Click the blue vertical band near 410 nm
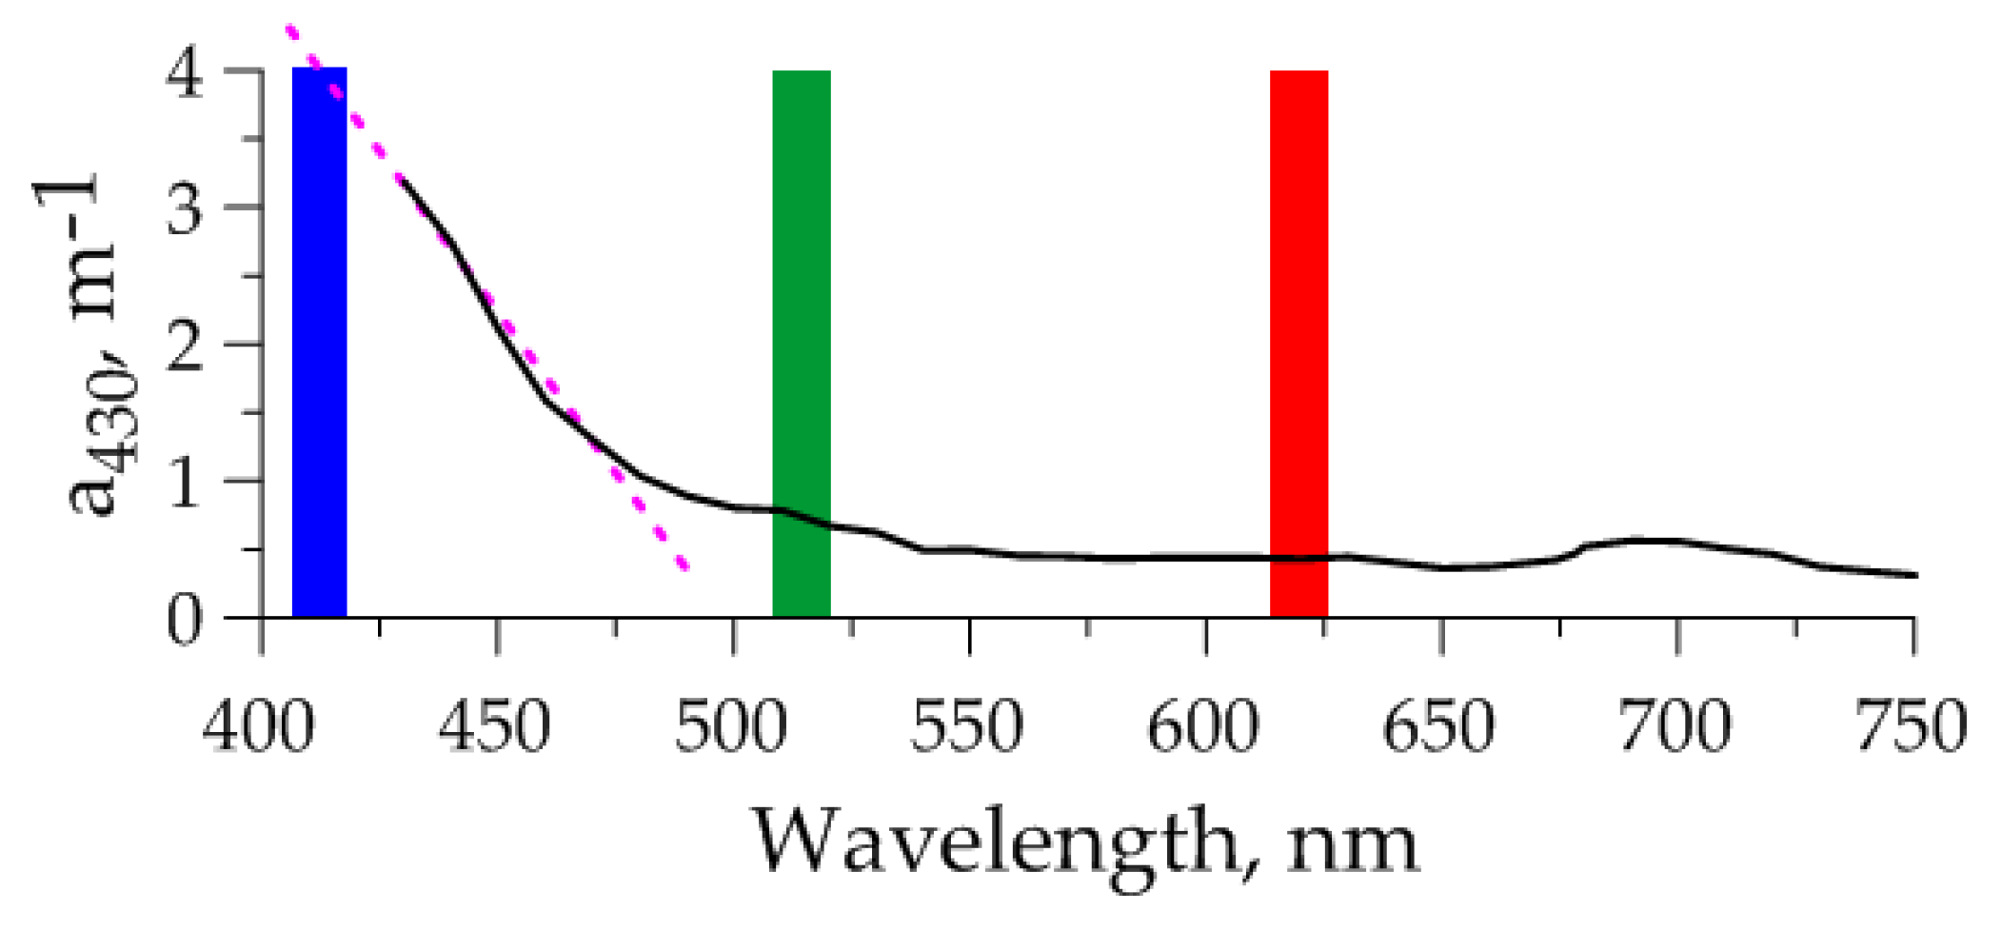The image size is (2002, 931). pos(319,343)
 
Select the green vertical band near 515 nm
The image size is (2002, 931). pos(801,343)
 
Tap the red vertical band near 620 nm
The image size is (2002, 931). pos(1298,343)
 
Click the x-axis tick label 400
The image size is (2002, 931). pos(258,727)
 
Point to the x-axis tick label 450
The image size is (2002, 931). pos(494,727)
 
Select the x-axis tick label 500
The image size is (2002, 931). pos(731,727)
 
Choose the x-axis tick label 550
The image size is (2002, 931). pos(967,727)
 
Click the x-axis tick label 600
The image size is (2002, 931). pos(1203,727)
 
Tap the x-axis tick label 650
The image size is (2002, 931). pos(1439,727)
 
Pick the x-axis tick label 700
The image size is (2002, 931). pos(1675,727)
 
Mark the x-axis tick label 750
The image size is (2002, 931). pos(1912,727)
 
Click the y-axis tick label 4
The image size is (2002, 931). pos(185,72)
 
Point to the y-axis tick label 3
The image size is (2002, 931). pos(185,208)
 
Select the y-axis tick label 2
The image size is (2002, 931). pos(185,346)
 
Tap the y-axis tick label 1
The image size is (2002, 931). pos(185,482)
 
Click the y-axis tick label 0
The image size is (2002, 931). pos(185,621)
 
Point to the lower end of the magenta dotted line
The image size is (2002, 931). pos(684,566)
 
